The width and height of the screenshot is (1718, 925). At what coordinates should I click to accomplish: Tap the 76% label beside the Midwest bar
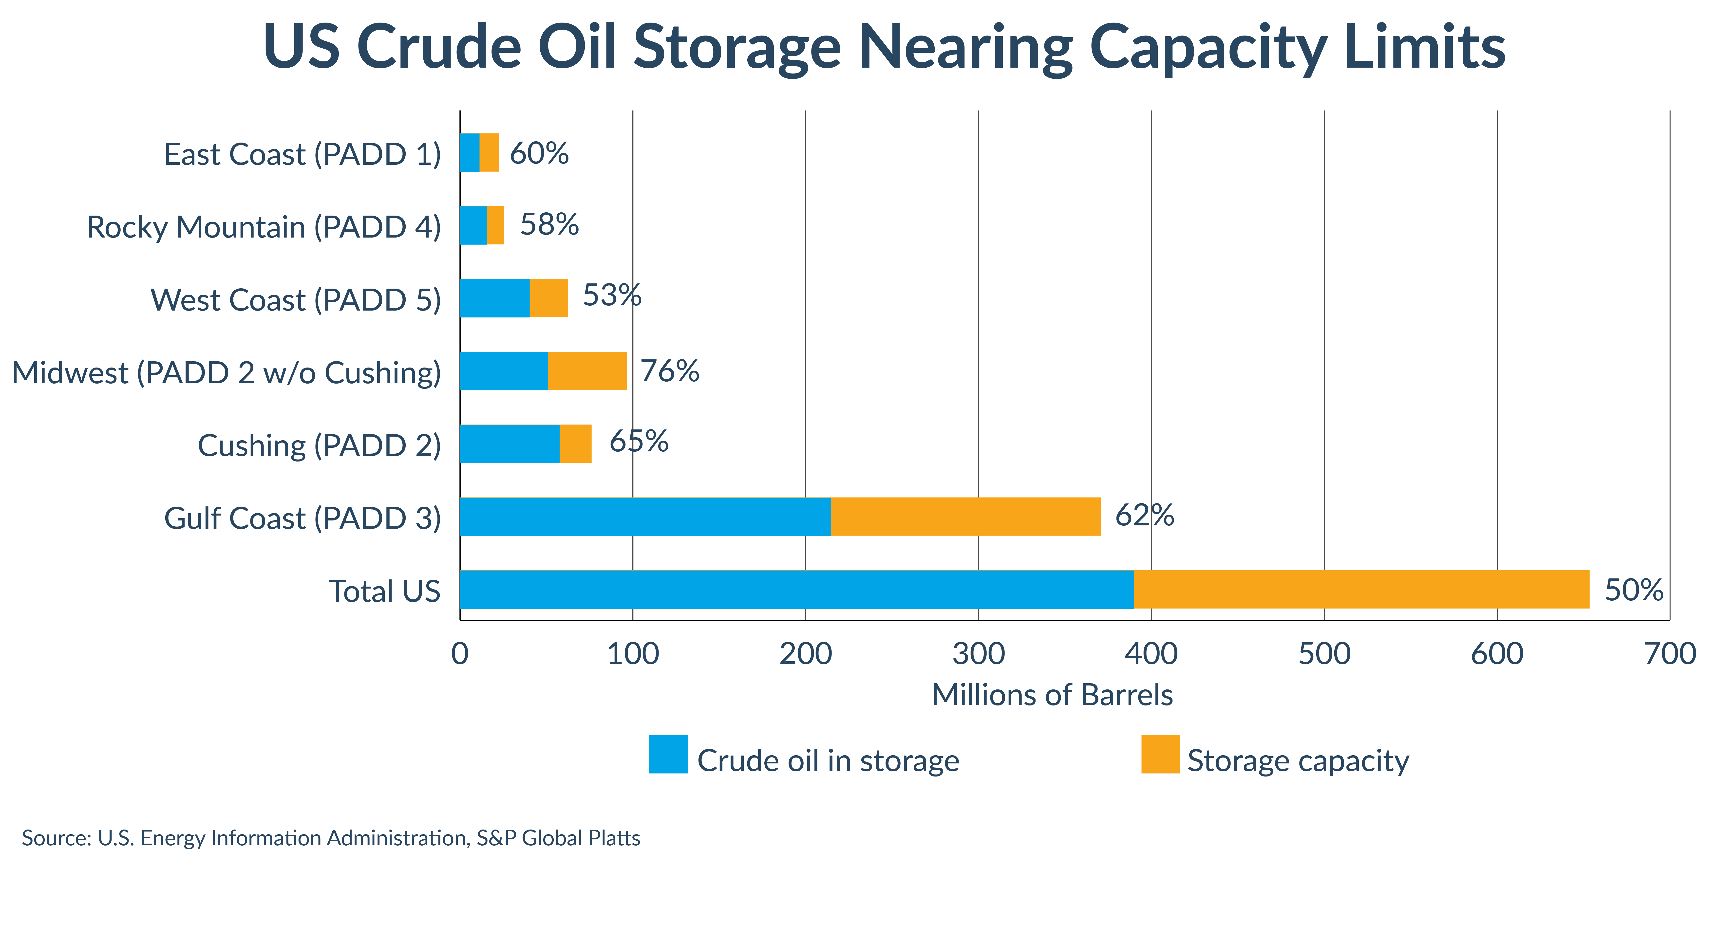[670, 371]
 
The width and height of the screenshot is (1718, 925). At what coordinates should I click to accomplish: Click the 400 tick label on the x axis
[1151, 654]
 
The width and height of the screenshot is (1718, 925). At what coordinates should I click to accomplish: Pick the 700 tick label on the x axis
[1669, 654]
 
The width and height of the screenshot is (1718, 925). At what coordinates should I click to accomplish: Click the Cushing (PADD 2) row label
[319, 445]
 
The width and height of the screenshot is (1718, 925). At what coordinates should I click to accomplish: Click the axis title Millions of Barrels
[1052, 695]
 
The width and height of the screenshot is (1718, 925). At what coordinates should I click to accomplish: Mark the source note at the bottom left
[331, 838]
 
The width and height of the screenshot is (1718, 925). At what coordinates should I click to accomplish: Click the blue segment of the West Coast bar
[494, 298]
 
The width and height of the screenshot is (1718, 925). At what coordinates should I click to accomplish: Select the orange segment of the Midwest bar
[587, 371]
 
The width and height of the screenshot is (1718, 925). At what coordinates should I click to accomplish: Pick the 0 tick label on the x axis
[459, 654]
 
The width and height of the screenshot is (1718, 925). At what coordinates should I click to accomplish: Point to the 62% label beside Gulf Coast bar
[1144, 515]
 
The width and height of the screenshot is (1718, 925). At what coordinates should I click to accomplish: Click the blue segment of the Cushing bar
[510, 444]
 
